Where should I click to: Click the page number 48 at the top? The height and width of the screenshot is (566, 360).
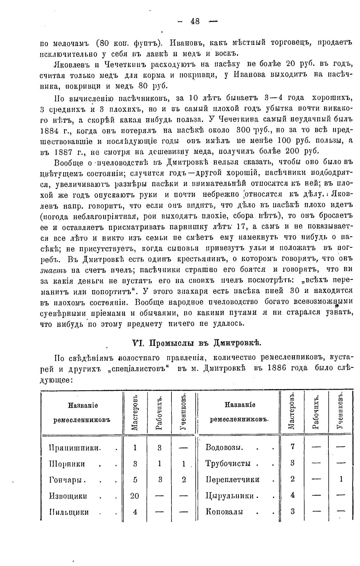coord(195,21)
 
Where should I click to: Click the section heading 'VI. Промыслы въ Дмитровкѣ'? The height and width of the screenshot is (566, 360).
coord(196,343)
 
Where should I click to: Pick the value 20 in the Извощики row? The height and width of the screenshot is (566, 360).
coord(135,496)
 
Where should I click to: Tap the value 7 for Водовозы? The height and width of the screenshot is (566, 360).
coord(292,447)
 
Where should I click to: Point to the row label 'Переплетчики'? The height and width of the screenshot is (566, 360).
coord(232,480)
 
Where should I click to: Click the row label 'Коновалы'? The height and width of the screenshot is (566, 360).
coord(224,512)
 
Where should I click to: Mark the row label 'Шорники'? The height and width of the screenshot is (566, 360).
coord(67,464)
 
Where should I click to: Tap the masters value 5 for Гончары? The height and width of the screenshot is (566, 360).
coord(135,480)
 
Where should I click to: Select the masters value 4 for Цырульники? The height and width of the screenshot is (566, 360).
coord(292,496)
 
